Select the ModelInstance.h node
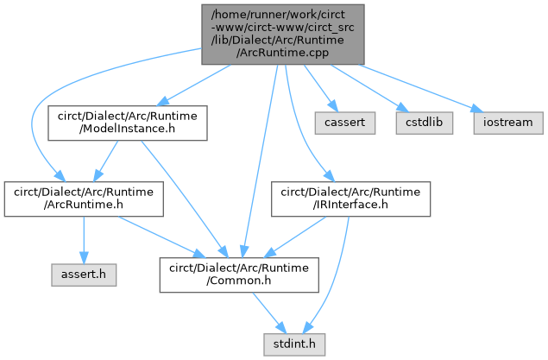tap(127, 124)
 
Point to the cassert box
tap(344, 123)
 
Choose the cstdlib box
tap(420, 123)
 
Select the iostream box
tap(507, 123)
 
